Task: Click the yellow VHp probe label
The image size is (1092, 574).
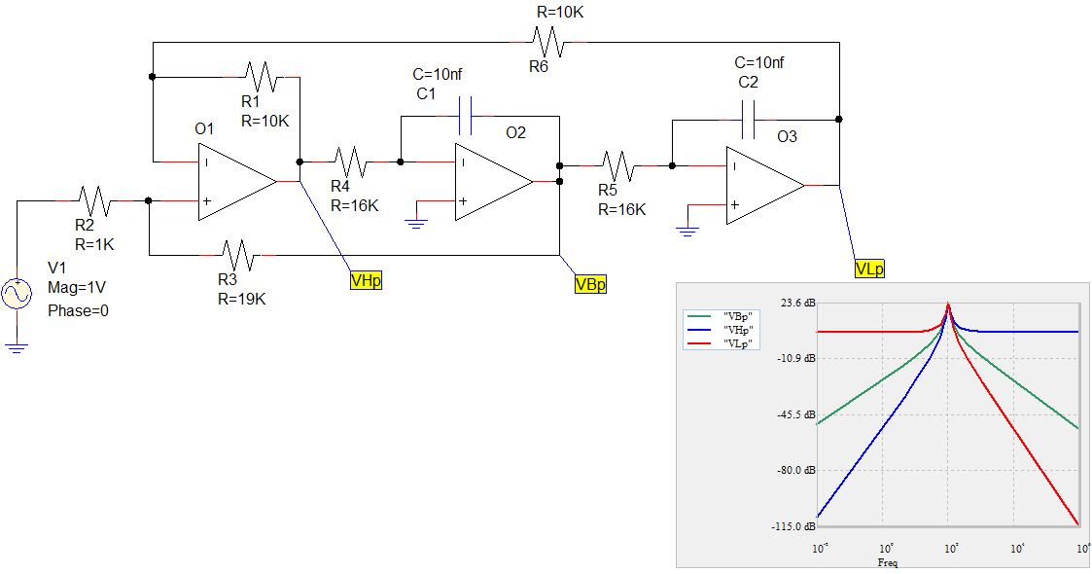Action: [x=367, y=281]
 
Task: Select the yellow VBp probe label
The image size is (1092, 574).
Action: [x=590, y=284]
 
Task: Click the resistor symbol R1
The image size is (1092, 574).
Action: [x=262, y=75]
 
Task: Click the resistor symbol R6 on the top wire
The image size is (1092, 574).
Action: [x=546, y=42]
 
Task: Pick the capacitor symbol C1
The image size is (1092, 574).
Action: [x=464, y=115]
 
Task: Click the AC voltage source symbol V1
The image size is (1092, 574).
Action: [x=18, y=293]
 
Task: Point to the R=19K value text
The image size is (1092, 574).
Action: [x=242, y=299]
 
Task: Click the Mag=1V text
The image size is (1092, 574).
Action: [x=78, y=289]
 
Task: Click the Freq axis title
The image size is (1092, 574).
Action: [x=887, y=562]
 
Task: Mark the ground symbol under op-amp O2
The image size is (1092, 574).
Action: [x=417, y=224]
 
